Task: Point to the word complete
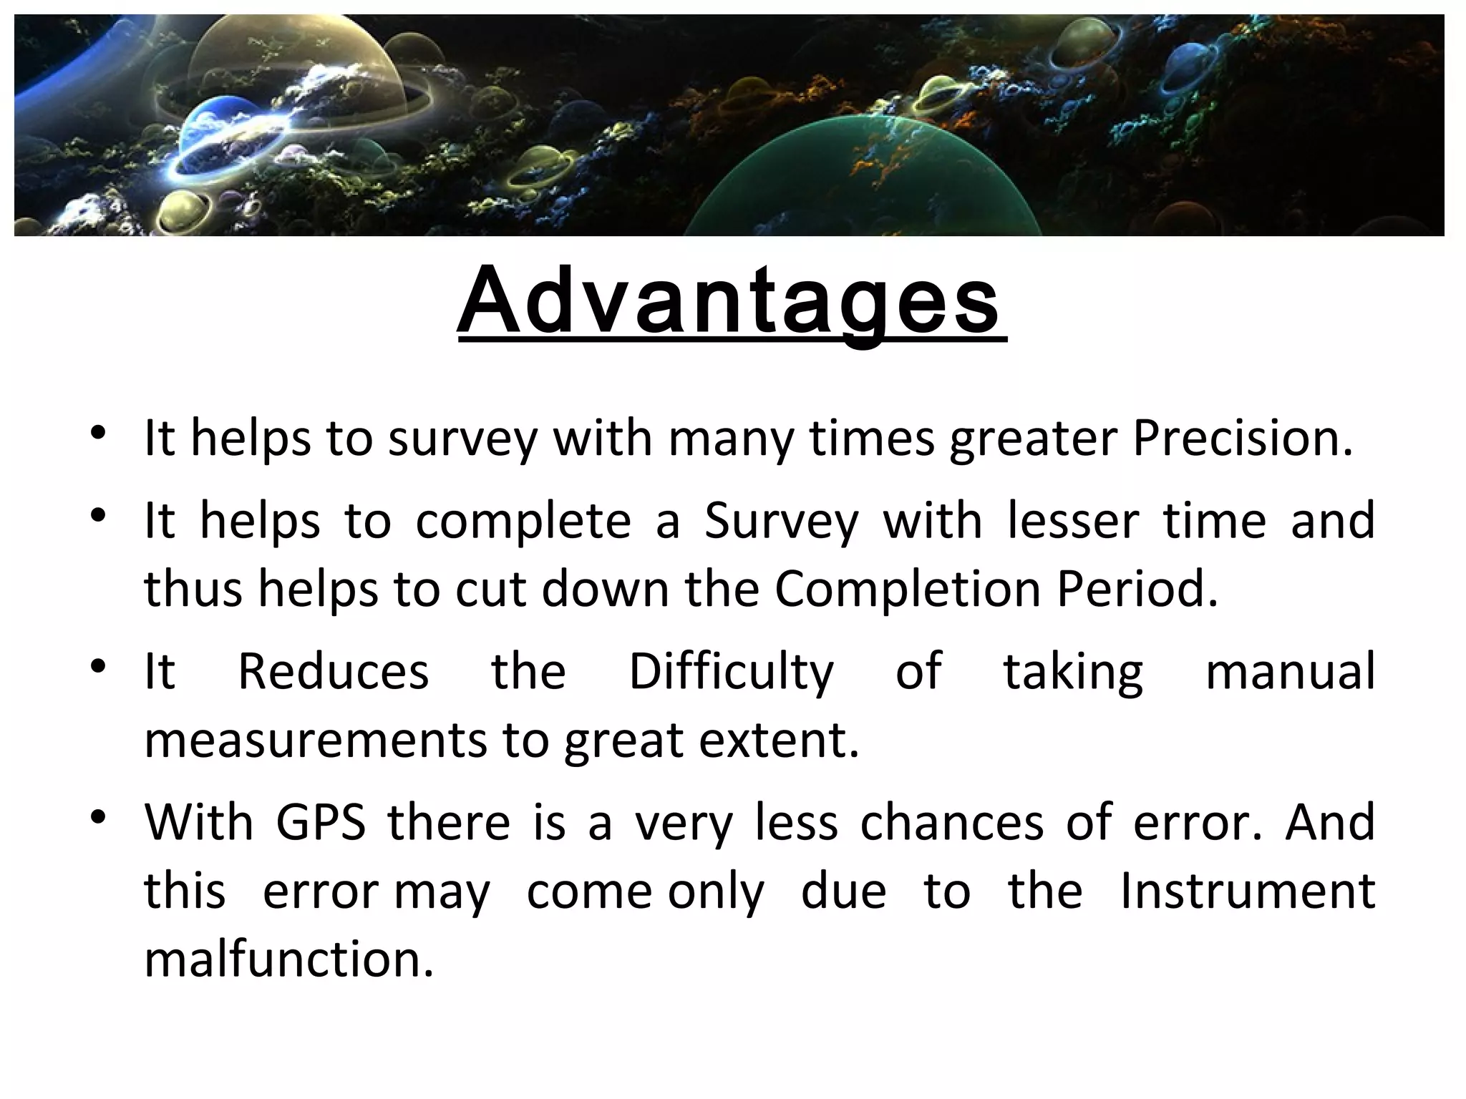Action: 523,521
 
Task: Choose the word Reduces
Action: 333,671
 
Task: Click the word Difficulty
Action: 731,671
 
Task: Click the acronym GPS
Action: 321,822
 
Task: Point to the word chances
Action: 952,822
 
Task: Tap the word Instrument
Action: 1247,892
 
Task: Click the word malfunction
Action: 288,959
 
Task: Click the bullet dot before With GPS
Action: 99,816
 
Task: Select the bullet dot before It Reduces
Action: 99,666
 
